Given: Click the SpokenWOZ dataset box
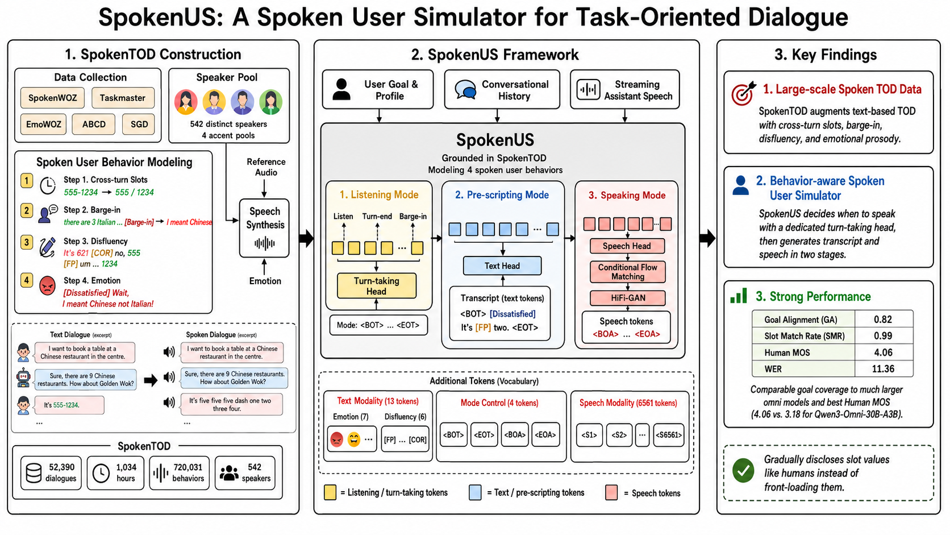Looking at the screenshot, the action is (x=52, y=98).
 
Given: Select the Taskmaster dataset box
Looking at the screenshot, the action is (x=123, y=98).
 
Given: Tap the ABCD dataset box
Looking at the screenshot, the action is (x=94, y=125).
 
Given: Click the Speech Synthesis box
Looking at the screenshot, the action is (x=264, y=228).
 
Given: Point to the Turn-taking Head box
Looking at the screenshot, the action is (x=377, y=286).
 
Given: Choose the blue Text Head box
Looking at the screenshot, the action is (x=502, y=266).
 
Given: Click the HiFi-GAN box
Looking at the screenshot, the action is (x=628, y=298).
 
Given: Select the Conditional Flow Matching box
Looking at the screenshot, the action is (x=628, y=272).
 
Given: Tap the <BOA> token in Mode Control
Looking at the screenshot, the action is (x=515, y=434).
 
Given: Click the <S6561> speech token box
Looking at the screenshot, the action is (x=669, y=435).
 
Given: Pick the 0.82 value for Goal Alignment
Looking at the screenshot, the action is (x=883, y=320).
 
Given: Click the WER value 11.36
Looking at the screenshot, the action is (x=883, y=368).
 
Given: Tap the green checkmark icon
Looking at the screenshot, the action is (x=743, y=471).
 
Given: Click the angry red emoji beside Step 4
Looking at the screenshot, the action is (x=47, y=286).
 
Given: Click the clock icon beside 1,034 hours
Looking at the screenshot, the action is (x=101, y=473).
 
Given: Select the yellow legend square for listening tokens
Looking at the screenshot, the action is (x=330, y=492).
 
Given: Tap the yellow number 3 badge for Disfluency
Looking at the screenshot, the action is (x=26, y=242).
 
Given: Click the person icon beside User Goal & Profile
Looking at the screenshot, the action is (x=341, y=89).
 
